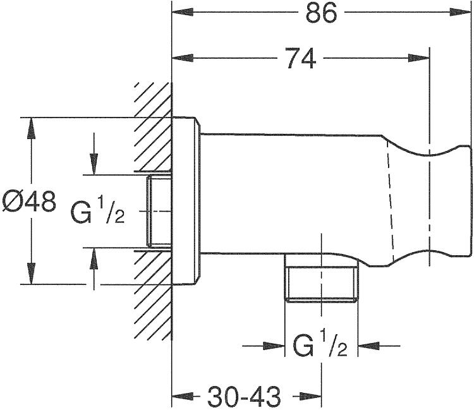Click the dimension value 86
[321, 13]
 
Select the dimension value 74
[301, 58]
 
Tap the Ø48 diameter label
[29, 202]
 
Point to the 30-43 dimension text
[244, 397]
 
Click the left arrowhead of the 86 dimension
[183, 12]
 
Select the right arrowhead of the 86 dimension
[460, 12]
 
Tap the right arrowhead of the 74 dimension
[418, 58]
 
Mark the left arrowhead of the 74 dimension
[183, 58]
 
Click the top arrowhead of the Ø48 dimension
[31, 128]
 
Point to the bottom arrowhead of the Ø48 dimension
[31, 274]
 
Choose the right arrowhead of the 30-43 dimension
[310, 396]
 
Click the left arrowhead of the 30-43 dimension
[183, 396]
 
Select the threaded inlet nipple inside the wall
[159, 211]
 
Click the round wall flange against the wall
[186, 201]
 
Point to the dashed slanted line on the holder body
[391, 202]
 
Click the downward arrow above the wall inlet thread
[94, 154]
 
